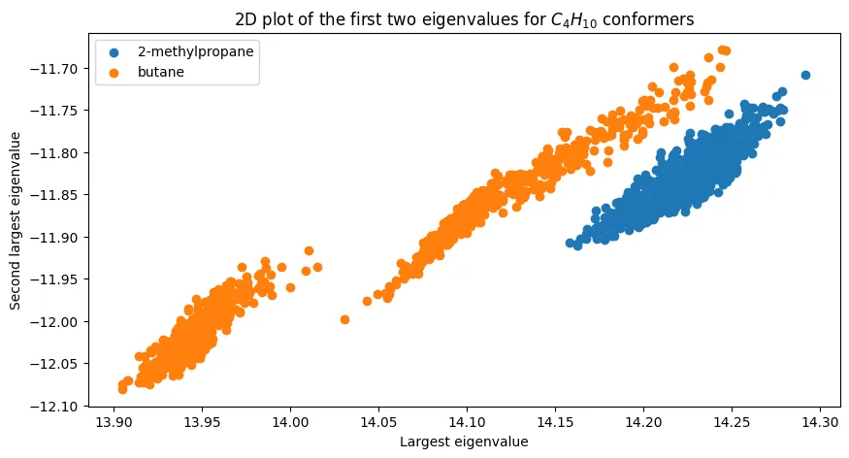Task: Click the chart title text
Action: pos(464,19)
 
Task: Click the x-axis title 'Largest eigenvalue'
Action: pos(464,442)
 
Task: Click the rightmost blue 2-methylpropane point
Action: pos(805,75)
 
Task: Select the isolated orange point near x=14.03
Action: pos(344,319)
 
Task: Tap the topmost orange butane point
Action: pos(722,49)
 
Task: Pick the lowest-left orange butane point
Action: pos(122,389)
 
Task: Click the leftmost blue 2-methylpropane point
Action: pos(571,244)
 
